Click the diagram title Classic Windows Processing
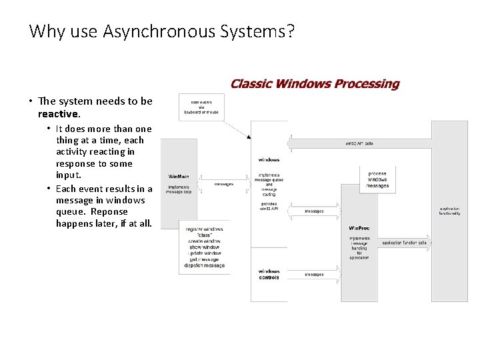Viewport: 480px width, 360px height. (x=315, y=84)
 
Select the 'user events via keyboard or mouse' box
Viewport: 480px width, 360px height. (x=201, y=107)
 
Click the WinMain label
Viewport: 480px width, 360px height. (x=179, y=177)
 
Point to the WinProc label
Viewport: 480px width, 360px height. (x=359, y=228)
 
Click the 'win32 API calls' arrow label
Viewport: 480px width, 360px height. (x=359, y=143)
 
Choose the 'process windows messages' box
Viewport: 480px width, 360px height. (x=377, y=179)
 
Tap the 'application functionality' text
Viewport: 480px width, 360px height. (x=449, y=211)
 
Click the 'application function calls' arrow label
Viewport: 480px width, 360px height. (x=404, y=243)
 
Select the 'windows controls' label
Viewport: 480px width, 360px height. (x=269, y=274)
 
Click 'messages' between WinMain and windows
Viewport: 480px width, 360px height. (x=224, y=184)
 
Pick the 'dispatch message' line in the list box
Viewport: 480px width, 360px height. (x=205, y=265)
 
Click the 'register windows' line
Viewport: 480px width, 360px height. (x=205, y=229)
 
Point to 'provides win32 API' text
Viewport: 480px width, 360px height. (x=269, y=207)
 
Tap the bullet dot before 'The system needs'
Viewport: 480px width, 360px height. (x=31, y=102)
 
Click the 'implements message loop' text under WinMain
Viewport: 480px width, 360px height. (x=179, y=189)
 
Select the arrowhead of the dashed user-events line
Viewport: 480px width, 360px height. (x=249, y=137)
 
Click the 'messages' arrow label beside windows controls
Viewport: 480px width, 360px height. (x=314, y=274)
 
